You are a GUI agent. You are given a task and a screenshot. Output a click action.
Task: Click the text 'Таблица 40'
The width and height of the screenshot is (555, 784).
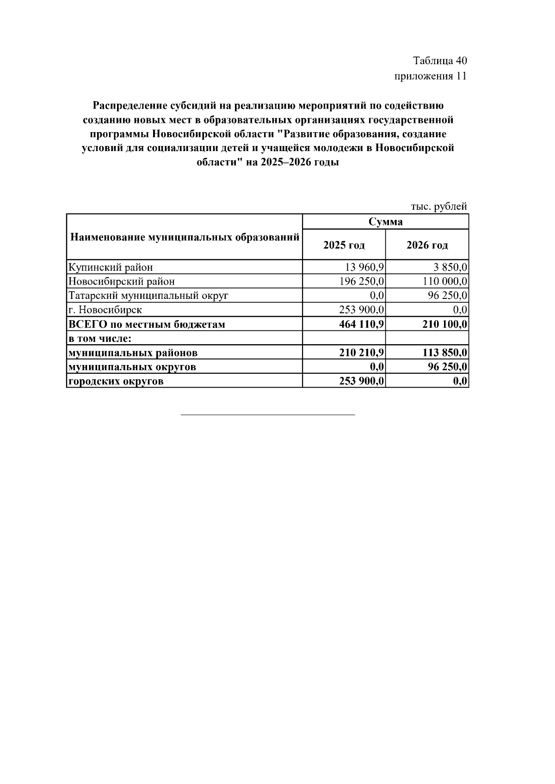(440, 61)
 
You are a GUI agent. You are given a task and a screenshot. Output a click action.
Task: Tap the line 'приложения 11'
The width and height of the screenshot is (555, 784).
(430, 76)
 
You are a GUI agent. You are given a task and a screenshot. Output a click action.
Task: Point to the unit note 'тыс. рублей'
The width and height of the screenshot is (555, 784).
(438, 207)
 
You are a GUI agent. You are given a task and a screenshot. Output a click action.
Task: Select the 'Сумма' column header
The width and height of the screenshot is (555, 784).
(385, 222)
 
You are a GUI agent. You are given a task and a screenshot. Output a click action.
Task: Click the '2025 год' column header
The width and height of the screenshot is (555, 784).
(344, 245)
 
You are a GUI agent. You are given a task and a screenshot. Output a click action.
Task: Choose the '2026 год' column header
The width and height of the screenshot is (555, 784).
(427, 245)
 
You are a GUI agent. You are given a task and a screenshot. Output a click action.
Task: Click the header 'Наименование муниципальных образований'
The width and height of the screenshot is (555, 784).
(185, 237)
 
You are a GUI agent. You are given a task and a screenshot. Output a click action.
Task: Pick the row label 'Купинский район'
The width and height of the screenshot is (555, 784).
(111, 267)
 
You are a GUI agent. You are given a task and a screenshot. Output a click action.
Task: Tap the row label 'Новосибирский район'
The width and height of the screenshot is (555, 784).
(122, 281)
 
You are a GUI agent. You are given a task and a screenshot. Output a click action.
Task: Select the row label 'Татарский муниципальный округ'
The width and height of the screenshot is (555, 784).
(148, 296)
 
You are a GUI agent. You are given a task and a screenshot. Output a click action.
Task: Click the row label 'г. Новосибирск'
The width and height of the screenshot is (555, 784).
(105, 310)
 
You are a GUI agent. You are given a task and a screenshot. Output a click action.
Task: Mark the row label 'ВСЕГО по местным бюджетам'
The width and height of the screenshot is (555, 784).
(147, 324)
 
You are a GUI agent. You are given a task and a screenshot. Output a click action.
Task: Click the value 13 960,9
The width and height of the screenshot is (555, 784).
(362, 267)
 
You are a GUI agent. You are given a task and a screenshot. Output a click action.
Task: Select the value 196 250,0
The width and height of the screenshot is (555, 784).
(362, 281)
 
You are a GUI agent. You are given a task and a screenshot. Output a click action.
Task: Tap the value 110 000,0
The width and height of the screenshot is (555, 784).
(445, 281)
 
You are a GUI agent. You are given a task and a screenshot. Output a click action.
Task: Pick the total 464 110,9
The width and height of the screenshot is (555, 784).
(361, 324)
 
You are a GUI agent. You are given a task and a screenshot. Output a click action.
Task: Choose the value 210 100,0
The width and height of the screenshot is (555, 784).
(444, 324)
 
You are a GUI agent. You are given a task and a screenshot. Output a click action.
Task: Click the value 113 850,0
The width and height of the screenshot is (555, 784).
(444, 353)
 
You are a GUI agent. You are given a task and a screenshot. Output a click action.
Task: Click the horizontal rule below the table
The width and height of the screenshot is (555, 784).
(268, 415)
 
